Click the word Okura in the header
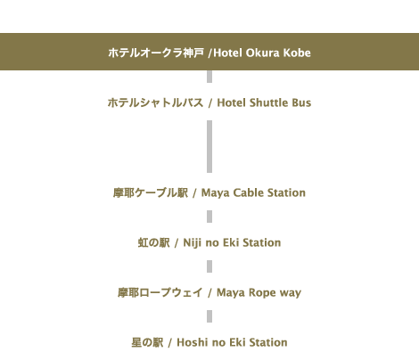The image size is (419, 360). click(262, 53)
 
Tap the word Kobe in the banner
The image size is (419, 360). click(297, 53)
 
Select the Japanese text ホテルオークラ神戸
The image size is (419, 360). click(156, 53)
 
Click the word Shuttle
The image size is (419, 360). click(269, 102)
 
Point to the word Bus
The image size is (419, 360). click(301, 102)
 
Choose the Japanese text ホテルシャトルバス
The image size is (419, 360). click(155, 102)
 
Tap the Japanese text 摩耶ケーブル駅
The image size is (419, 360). click(151, 192)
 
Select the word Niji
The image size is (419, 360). click(193, 242)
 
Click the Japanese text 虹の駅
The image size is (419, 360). click(154, 242)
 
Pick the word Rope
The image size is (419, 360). click(262, 292)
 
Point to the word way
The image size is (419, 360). click(291, 293)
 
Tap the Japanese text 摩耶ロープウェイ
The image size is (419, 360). click(160, 292)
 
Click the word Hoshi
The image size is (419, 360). click(193, 342)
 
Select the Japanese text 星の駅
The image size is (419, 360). click(148, 342)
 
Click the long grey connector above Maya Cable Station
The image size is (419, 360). click(209, 146)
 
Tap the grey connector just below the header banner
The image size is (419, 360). click(209, 77)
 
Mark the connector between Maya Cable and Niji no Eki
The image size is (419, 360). click(209, 217)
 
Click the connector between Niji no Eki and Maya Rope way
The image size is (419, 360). click(209, 266)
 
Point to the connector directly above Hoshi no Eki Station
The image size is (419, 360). click(209, 316)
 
